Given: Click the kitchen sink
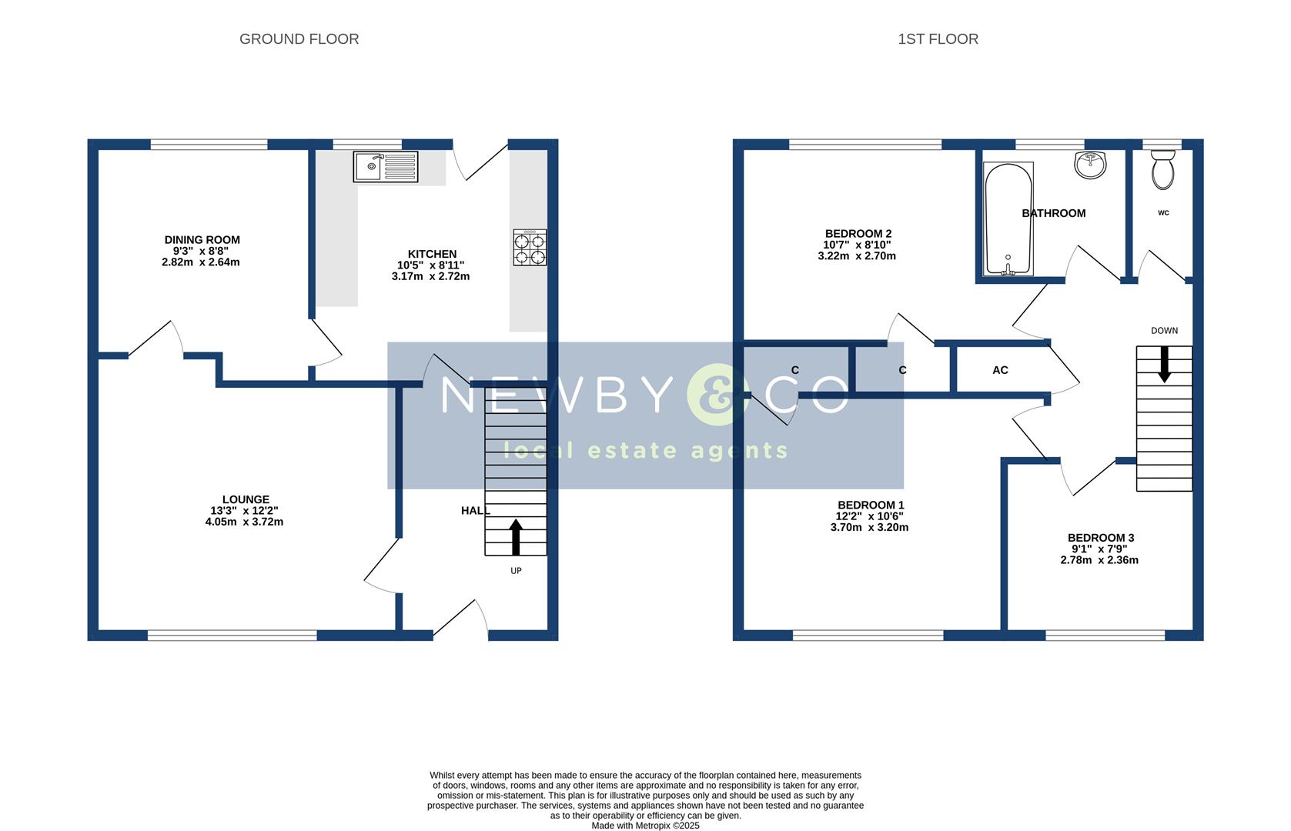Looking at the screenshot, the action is [386, 167].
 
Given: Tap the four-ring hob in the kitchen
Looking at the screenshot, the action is [530, 248].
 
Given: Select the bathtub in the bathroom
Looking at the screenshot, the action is [1008, 219].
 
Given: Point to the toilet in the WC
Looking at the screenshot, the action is [1163, 170].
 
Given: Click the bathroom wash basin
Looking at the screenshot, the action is [1090, 165].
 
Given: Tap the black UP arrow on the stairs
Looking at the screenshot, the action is [516, 537].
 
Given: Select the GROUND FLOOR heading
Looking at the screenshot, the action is [299, 39].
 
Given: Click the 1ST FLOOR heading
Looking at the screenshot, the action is [938, 39].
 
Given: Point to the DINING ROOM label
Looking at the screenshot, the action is [202, 239].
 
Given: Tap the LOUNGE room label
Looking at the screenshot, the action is [246, 499].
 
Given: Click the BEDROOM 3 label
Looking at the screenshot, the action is [1101, 538].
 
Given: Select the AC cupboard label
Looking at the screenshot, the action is [1000, 370].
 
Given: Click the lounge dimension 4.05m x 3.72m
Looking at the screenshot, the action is [244, 522].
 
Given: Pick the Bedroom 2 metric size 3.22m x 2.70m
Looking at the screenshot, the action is [857, 255].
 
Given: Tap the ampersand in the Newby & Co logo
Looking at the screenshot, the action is [718, 395].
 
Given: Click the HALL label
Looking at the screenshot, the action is [476, 510].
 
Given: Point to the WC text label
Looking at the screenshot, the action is [1164, 213].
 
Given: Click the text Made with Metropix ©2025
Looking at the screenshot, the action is [645, 826].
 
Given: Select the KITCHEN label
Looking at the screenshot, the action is [432, 254].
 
